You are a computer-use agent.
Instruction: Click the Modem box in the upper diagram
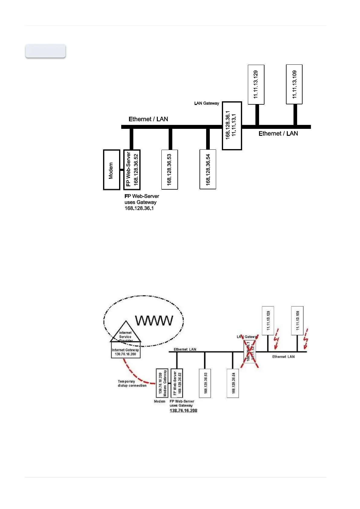pos(111,170)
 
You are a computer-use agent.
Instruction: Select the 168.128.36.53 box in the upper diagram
pos(170,169)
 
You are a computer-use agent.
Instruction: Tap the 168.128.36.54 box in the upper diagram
pos(208,169)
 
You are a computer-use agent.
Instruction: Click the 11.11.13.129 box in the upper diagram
pos(256,84)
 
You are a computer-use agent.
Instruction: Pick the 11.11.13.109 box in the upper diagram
pos(294,84)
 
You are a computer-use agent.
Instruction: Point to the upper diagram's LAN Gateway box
pos(232,126)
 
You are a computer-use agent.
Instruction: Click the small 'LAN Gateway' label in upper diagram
pos(207,103)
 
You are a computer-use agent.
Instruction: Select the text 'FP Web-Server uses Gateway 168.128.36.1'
pos(141,202)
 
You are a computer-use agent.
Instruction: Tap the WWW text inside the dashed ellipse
pos(154,321)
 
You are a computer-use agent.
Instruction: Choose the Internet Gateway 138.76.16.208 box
pos(125,352)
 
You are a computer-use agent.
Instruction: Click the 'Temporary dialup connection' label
pos(132,383)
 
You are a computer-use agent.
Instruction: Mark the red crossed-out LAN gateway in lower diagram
pos(250,352)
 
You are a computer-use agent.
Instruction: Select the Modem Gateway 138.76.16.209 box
pos(162,383)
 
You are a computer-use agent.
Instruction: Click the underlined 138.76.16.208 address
pos(183,411)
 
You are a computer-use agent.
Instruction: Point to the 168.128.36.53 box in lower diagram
pos(205,383)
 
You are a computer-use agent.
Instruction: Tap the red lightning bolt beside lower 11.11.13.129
pos(276,338)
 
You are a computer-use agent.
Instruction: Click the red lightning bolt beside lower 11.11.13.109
pos(306,338)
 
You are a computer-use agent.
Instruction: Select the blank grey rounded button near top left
pos(46,51)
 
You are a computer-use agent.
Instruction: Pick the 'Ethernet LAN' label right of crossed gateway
pos(283,357)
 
